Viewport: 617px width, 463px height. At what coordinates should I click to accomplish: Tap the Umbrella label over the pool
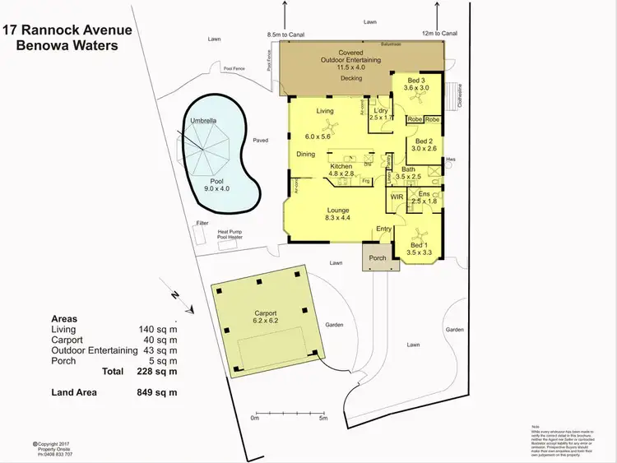click(x=204, y=121)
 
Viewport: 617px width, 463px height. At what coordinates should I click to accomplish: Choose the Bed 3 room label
click(x=416, y=82)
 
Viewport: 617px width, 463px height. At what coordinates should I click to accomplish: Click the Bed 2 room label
click(x=424, y=144)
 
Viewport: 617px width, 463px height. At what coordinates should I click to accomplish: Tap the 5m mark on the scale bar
click(x=323, y=418)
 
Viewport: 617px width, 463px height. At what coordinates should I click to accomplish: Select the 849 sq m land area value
click(x=157, y=392)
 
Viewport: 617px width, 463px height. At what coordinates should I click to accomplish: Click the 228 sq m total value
click(x=157, y=371)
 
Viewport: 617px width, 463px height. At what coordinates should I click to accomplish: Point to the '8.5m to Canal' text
click(x=287, y=35)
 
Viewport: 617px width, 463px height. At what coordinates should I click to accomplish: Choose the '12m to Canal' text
click(x=439, y=34)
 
